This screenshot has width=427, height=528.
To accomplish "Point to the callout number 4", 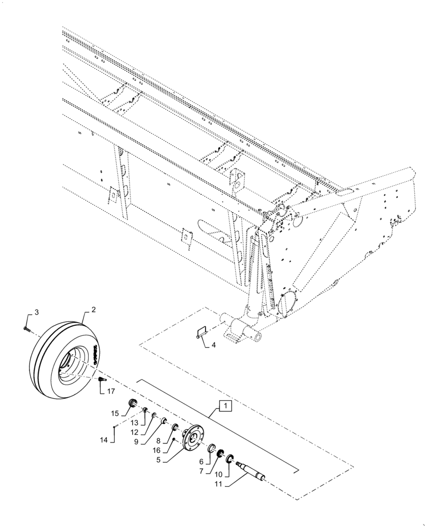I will [213, 346].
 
